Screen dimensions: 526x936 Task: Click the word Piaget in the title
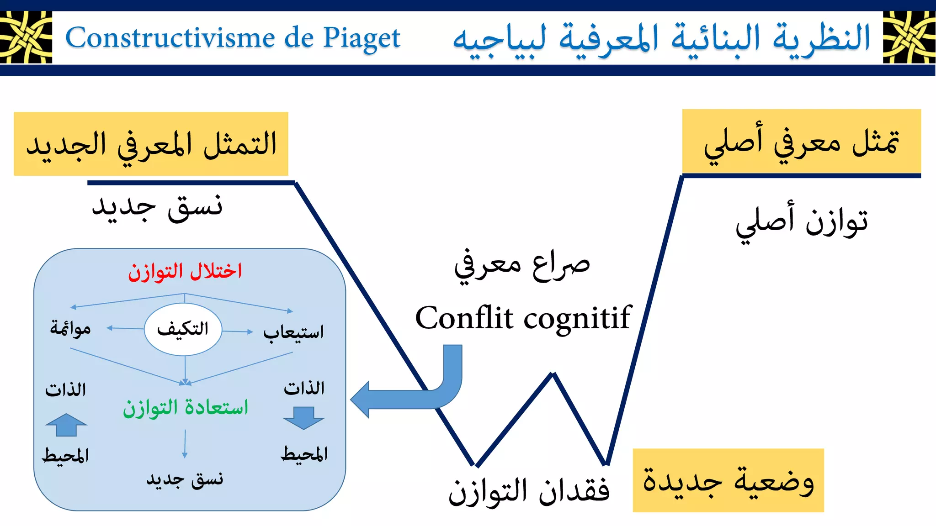[362, 38]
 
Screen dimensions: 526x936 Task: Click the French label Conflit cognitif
[523, 318]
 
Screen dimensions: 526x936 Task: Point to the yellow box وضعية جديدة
[728, 480]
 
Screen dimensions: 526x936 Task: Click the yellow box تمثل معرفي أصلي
[801, 142]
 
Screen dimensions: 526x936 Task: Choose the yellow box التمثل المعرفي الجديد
[151, 144]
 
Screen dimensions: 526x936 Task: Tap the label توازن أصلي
[802, 222]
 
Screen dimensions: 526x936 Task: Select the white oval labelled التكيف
[183, 329]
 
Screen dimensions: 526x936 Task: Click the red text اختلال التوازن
[185, 272]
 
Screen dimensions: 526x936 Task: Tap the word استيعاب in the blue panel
[293, 332]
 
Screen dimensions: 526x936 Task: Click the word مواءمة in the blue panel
[70, 328]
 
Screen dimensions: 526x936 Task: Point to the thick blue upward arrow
[66, 425]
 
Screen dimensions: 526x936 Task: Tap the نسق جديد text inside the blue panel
[185, 479]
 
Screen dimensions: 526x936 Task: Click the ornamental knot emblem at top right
[909, 37]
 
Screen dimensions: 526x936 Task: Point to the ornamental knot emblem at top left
[26, 37]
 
